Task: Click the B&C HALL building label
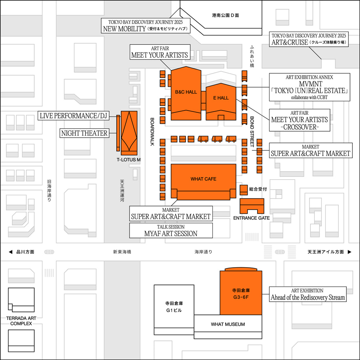pyautogui.click(x=186, y=92)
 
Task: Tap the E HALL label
pyautogui.click(x=221, y=98)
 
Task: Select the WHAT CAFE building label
pyautogui.click(x=203, y=179)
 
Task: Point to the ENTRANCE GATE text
pyautogui.click(x=252, y=218)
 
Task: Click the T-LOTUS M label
pyautogui.click(x=128, y=160)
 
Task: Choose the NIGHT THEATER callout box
pyautogui.click(x=84, y=133)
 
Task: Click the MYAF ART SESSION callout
pyautogui.click(x=171, y=230)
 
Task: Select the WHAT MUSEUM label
pyautogui.click(x=228, y=324)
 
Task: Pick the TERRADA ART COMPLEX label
pyautogui.click(x=21, y=320)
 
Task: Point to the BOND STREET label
pyautogui.click(x=252, y=132)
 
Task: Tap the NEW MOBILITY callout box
pyautogui.click(x=145, y=26)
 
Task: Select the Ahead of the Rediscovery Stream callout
pyautogui.click(x=308, y=294)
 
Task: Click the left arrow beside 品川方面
pyautogui.click(x=10, y=252)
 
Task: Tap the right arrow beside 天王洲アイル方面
pyautogui.click(x=350, y=252)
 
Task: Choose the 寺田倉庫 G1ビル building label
pyautogui.click(x=174, y=306)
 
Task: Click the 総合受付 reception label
pyautogui.click(x=258, y=188)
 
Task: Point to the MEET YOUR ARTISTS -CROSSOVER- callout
pyautogui.click(x=300, y=120)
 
